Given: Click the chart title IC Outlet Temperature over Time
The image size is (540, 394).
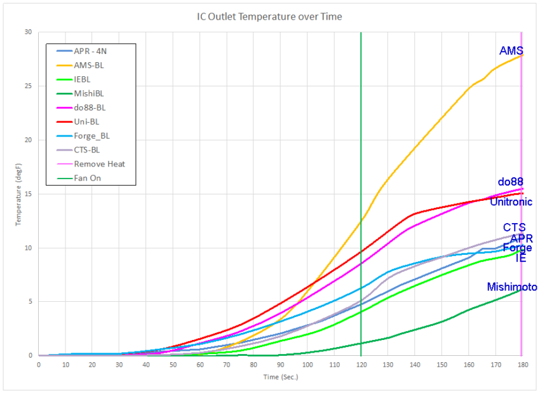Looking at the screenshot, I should pyautogui.click(x=269, y=17).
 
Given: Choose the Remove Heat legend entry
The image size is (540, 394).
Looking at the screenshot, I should pyautogui.click(x=99, y=164).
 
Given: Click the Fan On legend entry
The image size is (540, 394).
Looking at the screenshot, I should pyautogui.click(x=88, y=178).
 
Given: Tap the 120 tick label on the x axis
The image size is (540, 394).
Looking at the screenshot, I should pyautogui.click(x=361, y=365).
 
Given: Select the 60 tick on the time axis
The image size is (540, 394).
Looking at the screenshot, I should pyautogui.click(x=199, y=365).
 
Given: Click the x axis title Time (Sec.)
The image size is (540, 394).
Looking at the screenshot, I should pyautogui.click(x=280, y=377).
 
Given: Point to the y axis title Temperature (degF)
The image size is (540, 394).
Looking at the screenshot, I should pyautogui.click(x=18, y=194).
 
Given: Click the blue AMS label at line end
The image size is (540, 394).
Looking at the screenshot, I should pyautogui.click(x=511, y=51).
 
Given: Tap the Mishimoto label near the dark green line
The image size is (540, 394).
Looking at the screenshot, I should pyautogui.click(x=512, y=287).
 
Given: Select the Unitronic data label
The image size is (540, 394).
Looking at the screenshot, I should pyautogui.click(x=511, y=202).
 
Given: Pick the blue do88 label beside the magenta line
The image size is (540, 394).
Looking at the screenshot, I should pyautogui.click(x=511, y=182).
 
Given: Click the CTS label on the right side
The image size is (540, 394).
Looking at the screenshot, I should pyautogui.click(x=514, y=228).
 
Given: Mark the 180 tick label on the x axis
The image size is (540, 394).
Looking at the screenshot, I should pyautogui.click(x=522, y=365).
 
